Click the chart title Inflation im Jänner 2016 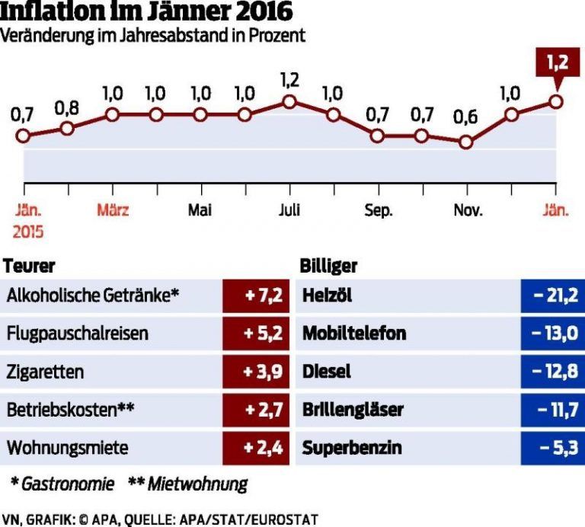click(x=148, y=13)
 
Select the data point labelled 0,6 click(x=466, y=142)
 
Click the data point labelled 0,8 click(x=67, y=128)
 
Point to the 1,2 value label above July click(x=289, y=79)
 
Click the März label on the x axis click(x=112, y=211)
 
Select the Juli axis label click(x=289, y=211)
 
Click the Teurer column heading click(x=30, y=267)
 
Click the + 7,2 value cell click(x=255, y=295)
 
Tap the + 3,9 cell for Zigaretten click(x=255, y=372)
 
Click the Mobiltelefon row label click(x=354, y=334)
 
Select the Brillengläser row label click(x=353, y=410)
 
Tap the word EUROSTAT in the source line click(x=286, y=519)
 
